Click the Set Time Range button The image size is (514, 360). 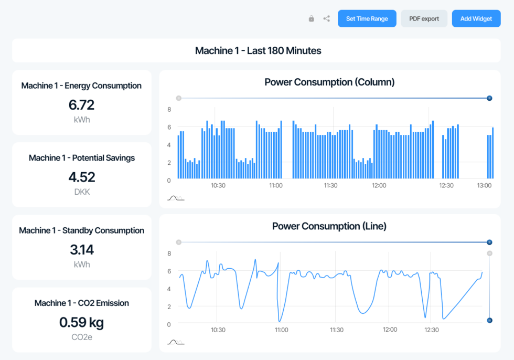coord(367,18)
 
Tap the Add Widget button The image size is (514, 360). coord(476,18)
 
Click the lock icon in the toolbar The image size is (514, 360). coord(311,19)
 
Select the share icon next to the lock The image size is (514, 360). coord(327,19)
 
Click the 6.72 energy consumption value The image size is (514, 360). coord(81,105)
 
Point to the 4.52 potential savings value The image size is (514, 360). coord(81,177)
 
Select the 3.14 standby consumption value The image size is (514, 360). coord(81,250)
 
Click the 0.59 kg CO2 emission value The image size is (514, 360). coord(81,322)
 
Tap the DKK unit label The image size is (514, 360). coord(81,192)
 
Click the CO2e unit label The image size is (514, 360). coord(81,337)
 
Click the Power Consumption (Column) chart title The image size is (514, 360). coord(329,82)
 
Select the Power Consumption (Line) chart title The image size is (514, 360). coord(329,226)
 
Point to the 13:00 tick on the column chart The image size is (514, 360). coord(484,186)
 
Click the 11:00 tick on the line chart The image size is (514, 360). coord(282,330)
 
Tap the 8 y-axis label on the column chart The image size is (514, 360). coord(169,110)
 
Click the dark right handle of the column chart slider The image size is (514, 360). coord(489,98)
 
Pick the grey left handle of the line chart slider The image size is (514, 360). coord(179,242)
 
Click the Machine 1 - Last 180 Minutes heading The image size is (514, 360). coord(258,51)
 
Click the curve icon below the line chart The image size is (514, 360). coord(176,342)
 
